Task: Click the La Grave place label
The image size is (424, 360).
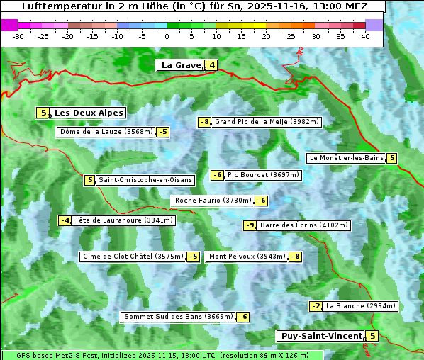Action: point(181,65)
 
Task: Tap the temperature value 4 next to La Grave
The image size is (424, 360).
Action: point(211,65)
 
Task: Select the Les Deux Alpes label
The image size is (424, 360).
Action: point(89,113)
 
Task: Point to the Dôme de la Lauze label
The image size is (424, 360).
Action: point(106,132)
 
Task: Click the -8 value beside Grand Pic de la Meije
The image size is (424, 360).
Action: point(204,122)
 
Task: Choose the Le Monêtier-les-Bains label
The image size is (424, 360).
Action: point(345,158)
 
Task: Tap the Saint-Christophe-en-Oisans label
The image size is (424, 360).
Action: point(145,180)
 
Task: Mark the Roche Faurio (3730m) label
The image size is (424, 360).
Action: point(213,201)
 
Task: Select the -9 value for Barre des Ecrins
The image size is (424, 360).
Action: point(250,225)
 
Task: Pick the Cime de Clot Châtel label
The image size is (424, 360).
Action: point(132,257)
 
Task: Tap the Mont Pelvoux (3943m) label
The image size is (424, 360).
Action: point(247,257)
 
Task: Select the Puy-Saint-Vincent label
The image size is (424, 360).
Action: point(320,336)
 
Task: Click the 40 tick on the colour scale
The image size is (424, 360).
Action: point(365,35)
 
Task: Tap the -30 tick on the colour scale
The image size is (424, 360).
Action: point(18,35)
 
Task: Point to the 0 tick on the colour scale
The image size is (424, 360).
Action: point(167,35)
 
